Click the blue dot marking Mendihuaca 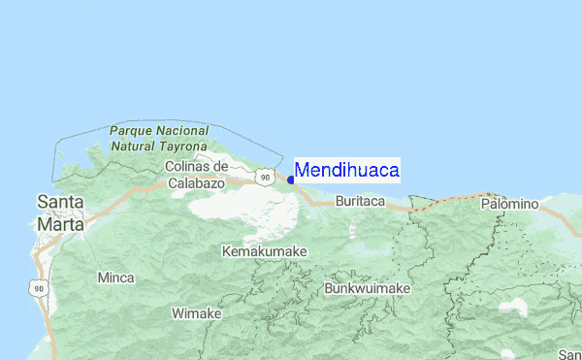[291, 180]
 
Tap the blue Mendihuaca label [346, 171]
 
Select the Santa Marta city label [60, 213]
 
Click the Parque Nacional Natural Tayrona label [160, 137]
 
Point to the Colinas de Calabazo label [196, 175]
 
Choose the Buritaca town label [360, 202]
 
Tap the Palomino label [509, 204]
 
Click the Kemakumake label [265, 251]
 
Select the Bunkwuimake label [368, 288]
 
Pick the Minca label [116, 278]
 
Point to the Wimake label [197, 313]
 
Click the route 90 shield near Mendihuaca [264, 178]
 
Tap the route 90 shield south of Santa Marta [37, 288]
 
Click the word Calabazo [196, 182]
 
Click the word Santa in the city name [60, 202]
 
